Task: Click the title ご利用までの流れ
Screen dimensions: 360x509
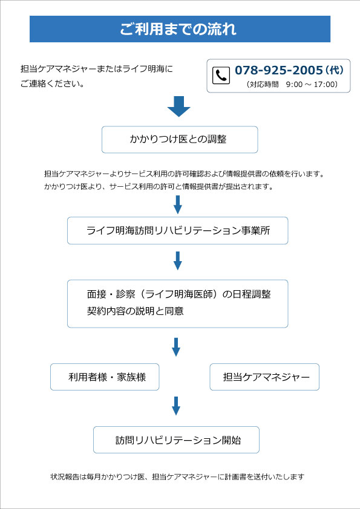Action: tap(178, 29)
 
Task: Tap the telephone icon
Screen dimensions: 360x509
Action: tap(221, 76)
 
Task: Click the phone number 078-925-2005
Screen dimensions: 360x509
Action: tap(278, 70)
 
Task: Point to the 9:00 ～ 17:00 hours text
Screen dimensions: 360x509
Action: tap(312, 85)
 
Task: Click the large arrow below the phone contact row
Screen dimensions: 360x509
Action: tap(178, 106)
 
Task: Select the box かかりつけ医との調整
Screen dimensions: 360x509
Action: tap(180, 140)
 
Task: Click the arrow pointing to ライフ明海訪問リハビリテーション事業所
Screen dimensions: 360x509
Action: tap(177, 204)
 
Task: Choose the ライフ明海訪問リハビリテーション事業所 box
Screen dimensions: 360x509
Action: tap(177, 230)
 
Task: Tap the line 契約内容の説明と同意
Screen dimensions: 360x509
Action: tap(135, 311)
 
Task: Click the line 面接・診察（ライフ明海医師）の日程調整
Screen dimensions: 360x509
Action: tap(178, 294)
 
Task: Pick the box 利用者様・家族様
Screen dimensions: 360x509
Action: tap(105, 377)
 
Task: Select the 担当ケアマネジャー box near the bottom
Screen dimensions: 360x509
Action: tap(264, 377)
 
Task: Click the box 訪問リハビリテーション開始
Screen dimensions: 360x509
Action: tap(176, 440)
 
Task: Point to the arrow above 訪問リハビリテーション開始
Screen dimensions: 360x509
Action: tap(176, 406)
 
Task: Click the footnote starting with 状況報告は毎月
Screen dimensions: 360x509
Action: tap(177, 477)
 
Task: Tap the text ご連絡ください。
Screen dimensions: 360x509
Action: tap(53, 84)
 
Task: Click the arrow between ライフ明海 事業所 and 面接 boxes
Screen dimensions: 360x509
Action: tap(177, 261)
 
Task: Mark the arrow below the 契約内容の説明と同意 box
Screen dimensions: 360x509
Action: tap(176, 347)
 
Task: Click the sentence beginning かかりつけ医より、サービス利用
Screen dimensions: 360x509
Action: tap(159, 187)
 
